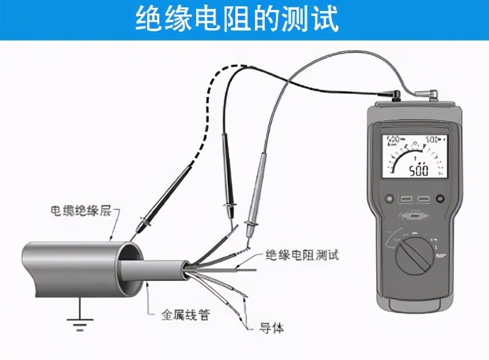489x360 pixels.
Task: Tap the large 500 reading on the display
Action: [419, 168]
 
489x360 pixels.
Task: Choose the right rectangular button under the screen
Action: [423, 199]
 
